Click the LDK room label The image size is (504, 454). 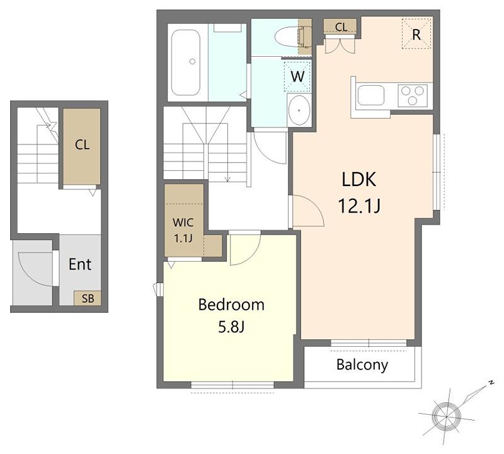pyautogui.click(x=358, y=180)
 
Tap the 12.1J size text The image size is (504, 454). pyautogui.click(x=359, y=206)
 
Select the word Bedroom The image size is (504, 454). pyautogui.click(x=231, y=305)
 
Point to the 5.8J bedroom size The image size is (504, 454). pyautogui.click(x=231, y=327)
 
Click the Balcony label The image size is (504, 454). pyautogui.click(x=362, y=365)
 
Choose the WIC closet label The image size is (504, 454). pyautogui.click(x=183, y=223)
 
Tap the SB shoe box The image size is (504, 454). pyautogui.click(x=88, y=299)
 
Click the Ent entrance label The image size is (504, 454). pyautogui.click(x=80, y=264)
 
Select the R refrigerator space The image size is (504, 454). pyautogui.click(x=416, y=34)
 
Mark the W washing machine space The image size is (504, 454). pyautogui.click(x=297, y=76)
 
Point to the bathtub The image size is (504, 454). pyautogui.click(x=185, y=62)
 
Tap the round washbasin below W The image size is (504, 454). pyautogui.click(x=299, y=110)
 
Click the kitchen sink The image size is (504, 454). pyautogui.click(x=371, y=95)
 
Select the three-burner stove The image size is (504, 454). pyautogui.click(x=413, y=95)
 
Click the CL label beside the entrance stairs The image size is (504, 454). pyautogui.click(x=82, y=145)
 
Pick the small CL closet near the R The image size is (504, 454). pyautogui.click(x=340, y=26)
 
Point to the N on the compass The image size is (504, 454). pyautogui.click(x=491, y=383)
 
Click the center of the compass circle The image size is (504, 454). pyautogui.click(x=447, y=416)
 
